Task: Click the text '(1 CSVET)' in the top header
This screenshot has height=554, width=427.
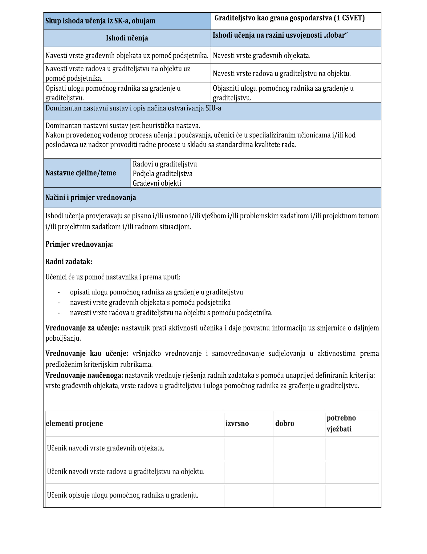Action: pos(349,18)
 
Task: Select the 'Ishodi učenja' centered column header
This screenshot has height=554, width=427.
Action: pos(127,38)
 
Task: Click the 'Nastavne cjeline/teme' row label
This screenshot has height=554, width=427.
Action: pos(81,173)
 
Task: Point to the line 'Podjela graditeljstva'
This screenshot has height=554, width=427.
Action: pos(162,174)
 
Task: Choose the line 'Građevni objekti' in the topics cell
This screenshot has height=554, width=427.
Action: pos(157,183)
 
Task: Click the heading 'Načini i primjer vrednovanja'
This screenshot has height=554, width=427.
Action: pos(91,198)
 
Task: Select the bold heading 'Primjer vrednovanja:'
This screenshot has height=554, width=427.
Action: pos(79,244)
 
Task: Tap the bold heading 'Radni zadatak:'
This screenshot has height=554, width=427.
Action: pos(69,262)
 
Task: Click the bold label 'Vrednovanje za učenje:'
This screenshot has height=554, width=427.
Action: pos(82,328)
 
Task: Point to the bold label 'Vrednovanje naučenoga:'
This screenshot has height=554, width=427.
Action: pos(84,375)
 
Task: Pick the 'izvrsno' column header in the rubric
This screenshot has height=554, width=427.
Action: pos(237,424)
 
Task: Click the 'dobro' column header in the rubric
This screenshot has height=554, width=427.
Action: pos(285,424)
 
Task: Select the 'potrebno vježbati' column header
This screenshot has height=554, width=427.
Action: pos(341,423)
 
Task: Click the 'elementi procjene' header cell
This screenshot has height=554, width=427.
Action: pos(74,424)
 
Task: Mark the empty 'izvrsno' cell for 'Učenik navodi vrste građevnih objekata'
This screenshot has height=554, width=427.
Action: pos(249,448)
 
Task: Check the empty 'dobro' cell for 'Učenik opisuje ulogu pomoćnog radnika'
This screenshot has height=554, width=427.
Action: pos(299,495)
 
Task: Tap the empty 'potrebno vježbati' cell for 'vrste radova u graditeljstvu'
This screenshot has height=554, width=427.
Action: pos(352,472)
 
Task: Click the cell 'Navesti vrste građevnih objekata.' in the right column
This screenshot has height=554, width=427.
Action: pos(262,56)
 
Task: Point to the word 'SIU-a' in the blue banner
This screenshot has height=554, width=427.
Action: pos(213,108)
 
